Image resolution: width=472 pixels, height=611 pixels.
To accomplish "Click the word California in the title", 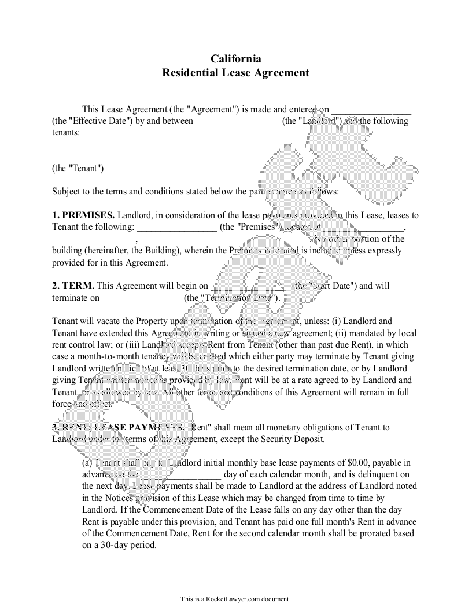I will (x=235, y=58).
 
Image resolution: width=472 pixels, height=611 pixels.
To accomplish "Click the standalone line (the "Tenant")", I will (x=78, y=168).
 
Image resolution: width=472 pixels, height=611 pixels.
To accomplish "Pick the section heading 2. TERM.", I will (x=73, y=286).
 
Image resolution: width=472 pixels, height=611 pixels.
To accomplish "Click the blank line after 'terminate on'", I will (x=141, y=299).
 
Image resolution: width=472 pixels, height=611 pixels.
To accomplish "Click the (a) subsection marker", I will (x=87, y=462).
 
